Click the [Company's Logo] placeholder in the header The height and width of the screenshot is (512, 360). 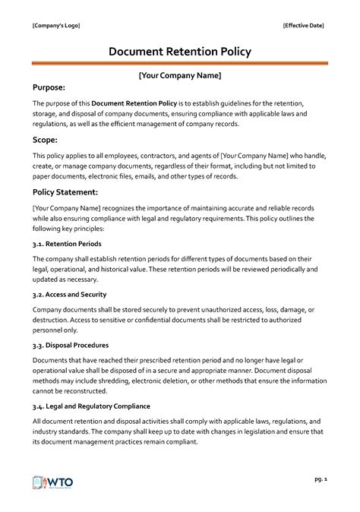[55, 26]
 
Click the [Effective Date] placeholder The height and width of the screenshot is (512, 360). [303, 26]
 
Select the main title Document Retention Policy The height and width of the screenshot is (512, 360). [179, 52]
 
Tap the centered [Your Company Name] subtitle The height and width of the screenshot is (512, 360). [179, 76]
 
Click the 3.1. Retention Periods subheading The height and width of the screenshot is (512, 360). [68, 244]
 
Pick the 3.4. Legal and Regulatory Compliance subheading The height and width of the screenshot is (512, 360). [91, 406]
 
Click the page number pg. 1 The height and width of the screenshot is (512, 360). [319, 479]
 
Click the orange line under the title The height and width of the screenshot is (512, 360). [179, 65]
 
